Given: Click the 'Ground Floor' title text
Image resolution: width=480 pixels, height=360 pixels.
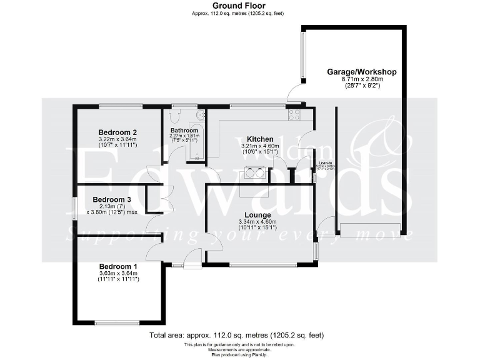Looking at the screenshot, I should click(x=239, y=6).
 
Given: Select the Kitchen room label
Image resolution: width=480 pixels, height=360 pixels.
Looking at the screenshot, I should click(x=259, y=139).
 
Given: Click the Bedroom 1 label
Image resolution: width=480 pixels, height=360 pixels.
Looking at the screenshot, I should click(x=119, y=266).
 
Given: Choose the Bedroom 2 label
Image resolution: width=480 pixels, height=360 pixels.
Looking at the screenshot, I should click(x=117, y=132).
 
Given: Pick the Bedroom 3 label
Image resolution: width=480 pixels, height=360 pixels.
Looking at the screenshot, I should click(x=112, y=199).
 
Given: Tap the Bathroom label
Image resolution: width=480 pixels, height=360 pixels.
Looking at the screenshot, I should click(x=184, y=130).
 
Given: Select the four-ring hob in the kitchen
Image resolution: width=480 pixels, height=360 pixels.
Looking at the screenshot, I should click(x=293, y=115).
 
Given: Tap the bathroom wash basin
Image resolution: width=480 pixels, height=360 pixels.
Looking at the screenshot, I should click(x=201, y=116).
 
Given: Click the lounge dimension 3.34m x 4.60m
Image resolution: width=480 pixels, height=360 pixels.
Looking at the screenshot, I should click(x=258, y=222).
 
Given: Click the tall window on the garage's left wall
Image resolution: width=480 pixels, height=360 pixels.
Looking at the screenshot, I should click(x=303, y=56).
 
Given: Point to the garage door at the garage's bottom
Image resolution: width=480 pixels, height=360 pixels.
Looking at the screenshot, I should click(x=369, y=227).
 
